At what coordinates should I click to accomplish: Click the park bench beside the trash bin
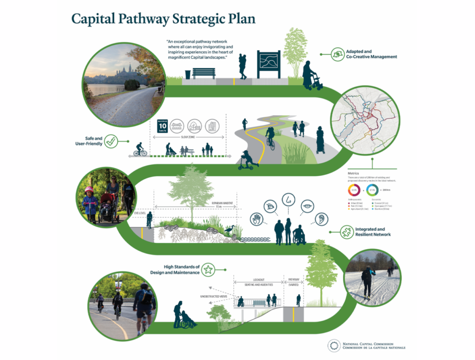tap(203, 73)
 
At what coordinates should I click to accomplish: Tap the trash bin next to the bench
tap(188, 75)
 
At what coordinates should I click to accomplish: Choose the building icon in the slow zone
tap(211, 126)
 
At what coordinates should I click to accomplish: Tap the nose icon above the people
tap(288, 199)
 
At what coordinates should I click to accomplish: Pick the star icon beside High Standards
tap(208, 270)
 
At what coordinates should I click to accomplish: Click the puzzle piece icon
tap(346, 231)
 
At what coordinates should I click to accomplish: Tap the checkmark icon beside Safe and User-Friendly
tap(110, 141)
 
